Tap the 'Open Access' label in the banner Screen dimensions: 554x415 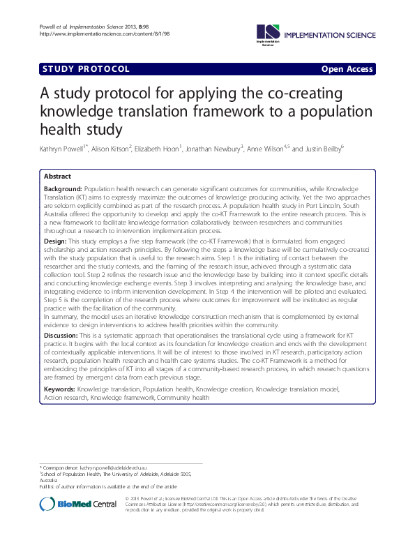347,69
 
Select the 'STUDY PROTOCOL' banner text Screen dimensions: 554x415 86,69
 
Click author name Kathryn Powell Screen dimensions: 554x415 66,149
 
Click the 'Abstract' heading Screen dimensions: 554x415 58,177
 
